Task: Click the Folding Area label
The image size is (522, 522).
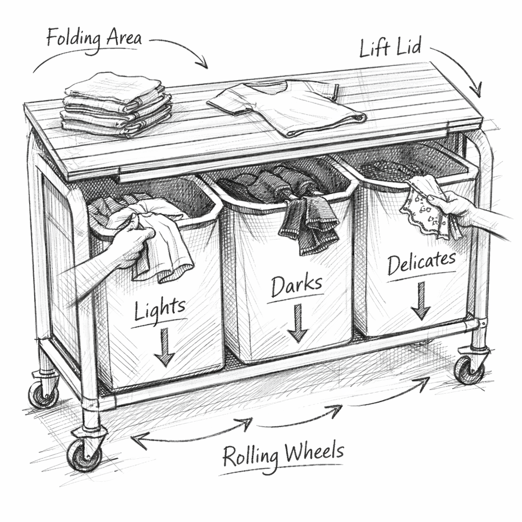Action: pyautogui.click(x=94, y=39)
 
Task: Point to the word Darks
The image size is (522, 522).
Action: pyautogui.click(x=297, y=286)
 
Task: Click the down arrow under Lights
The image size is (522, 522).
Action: pyautogui.click(x=164, y=347)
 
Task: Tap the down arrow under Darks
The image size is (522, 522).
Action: pyautogui.click(x=297, y=323)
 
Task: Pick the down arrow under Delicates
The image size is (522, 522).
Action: pyautogui.click(x=421, y=301)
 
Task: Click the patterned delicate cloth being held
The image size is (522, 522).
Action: pyautogui.click(x=427, y=206)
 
